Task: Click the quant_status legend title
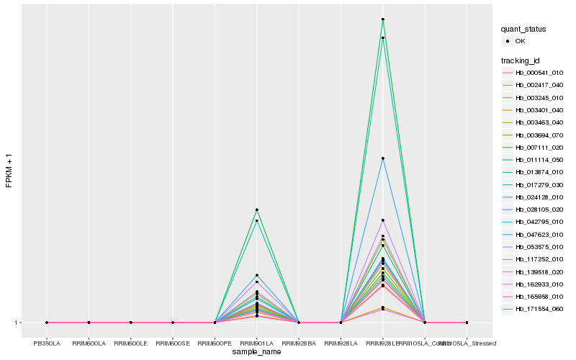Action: click(523, 29)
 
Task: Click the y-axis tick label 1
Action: click(17, 323)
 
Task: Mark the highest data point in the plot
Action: click(383, 19)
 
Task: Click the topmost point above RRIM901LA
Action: click(256, 210)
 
